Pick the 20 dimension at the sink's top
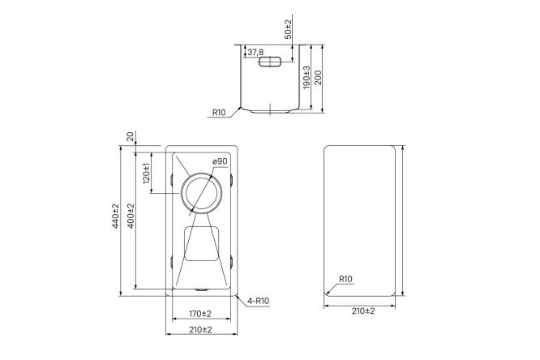pyautogui.click(x=130, y=135)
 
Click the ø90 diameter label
pyautogui.click(x=218, y=162)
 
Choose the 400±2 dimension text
pyautogui.click(x=131, y=215)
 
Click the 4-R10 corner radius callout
pyautogui.click(x=259, y=302)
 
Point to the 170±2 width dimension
pyautogui.click(x=200, y=313)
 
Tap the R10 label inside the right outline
pyautogui.click(x=345, y=280)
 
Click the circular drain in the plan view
pyautogui.click(x=200, y=193)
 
